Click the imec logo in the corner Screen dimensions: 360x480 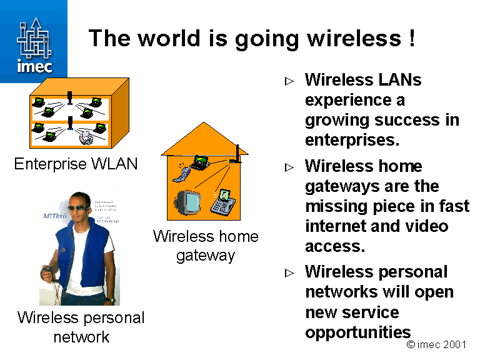[34, 42]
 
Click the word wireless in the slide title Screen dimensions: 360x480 [351, 39]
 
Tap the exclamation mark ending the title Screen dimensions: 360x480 [411, 39]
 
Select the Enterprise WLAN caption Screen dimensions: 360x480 [76, 164]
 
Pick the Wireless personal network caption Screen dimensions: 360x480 [81, 327]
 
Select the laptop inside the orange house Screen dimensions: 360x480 [200, 162]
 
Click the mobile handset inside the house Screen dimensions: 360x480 [180, 172]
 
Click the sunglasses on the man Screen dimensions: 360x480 [77, 209]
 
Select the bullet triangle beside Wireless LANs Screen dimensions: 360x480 [289, 81]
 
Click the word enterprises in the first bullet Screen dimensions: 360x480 [352, 140]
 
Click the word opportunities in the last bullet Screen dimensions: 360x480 [358, 331]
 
